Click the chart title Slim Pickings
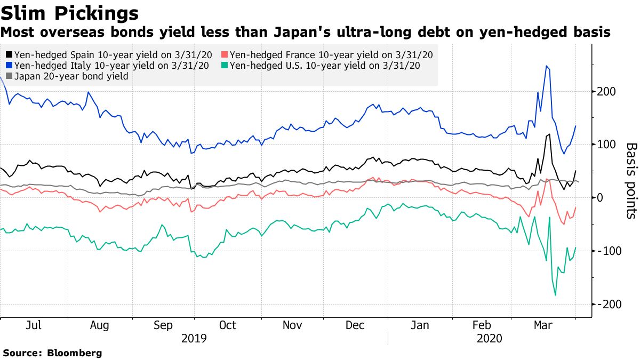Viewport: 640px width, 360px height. point(71,12)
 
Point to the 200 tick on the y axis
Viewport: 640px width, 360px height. point(607,91)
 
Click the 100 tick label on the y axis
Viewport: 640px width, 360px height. point(607,145)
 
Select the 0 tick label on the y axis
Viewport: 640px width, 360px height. point(601,197)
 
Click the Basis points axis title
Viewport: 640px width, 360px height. point(630,181)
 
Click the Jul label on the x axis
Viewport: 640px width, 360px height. point(34,325)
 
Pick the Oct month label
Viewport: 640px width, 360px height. point(228,325)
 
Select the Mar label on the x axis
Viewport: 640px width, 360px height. point(544,325)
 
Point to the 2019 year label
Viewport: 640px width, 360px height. point(194,338)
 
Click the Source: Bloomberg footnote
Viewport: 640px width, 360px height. point(52,353)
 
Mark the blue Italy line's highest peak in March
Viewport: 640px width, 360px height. point(546,66)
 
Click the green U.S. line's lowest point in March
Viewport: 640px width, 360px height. point(555,295)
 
